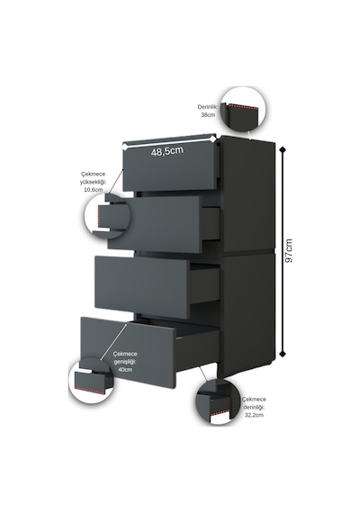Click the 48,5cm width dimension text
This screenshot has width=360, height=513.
(166, 151)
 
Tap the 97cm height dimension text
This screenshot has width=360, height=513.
(289, 250)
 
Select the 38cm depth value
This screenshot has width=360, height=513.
(208, 115)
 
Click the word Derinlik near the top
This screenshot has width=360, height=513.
(208, 107)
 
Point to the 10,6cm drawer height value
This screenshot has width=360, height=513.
(94, 190)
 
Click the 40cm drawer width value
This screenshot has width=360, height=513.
(125, 370)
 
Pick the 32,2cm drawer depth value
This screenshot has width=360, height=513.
(254, 415)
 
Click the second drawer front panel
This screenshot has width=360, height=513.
(155, 224)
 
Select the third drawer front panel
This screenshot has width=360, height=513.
(141, 287)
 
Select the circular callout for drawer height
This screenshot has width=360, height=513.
(108, 217)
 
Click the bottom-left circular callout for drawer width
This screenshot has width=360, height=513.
(92, 381)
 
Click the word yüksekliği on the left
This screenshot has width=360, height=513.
(93, 182)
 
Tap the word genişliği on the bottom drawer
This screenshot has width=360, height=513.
(125, 362)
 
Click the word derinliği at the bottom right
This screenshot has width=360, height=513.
(254, 407)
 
